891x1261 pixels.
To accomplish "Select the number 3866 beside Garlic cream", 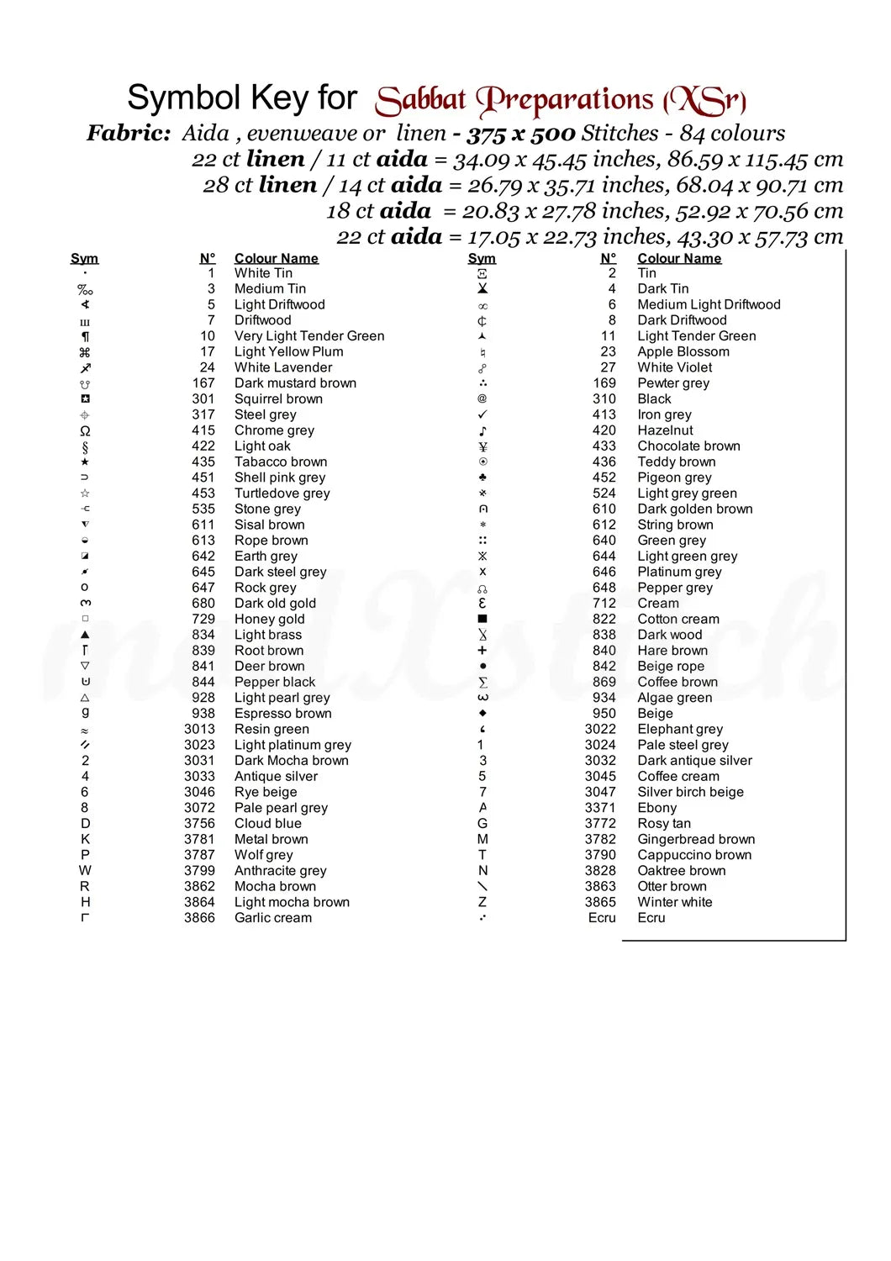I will (199, 917).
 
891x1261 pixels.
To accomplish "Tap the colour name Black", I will (654, 398).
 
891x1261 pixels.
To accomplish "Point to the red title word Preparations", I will (565, 100).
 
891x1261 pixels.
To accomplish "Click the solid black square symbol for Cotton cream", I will (482, 619).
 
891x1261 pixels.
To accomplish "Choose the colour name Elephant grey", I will (679, 729).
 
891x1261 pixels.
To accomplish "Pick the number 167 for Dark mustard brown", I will (203, 383).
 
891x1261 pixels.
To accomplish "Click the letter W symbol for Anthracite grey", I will (85, 870).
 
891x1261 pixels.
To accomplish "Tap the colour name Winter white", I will (674, 902).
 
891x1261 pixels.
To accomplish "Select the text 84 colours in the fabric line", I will (732, 133).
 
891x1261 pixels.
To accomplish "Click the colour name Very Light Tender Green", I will (309, 335).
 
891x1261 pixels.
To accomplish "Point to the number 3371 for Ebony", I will (600, 807).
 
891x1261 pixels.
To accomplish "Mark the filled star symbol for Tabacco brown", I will (85, 462).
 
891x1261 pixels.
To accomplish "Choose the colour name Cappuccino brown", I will (694, 854).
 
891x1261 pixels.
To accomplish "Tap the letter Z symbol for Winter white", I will (482, 902).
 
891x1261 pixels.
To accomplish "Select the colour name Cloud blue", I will (267, 823).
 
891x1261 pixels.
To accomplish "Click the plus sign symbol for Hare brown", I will (482, 650).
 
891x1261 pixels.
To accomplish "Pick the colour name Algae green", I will (674, 697).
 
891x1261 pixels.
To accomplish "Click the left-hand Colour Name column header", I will (276, 258).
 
